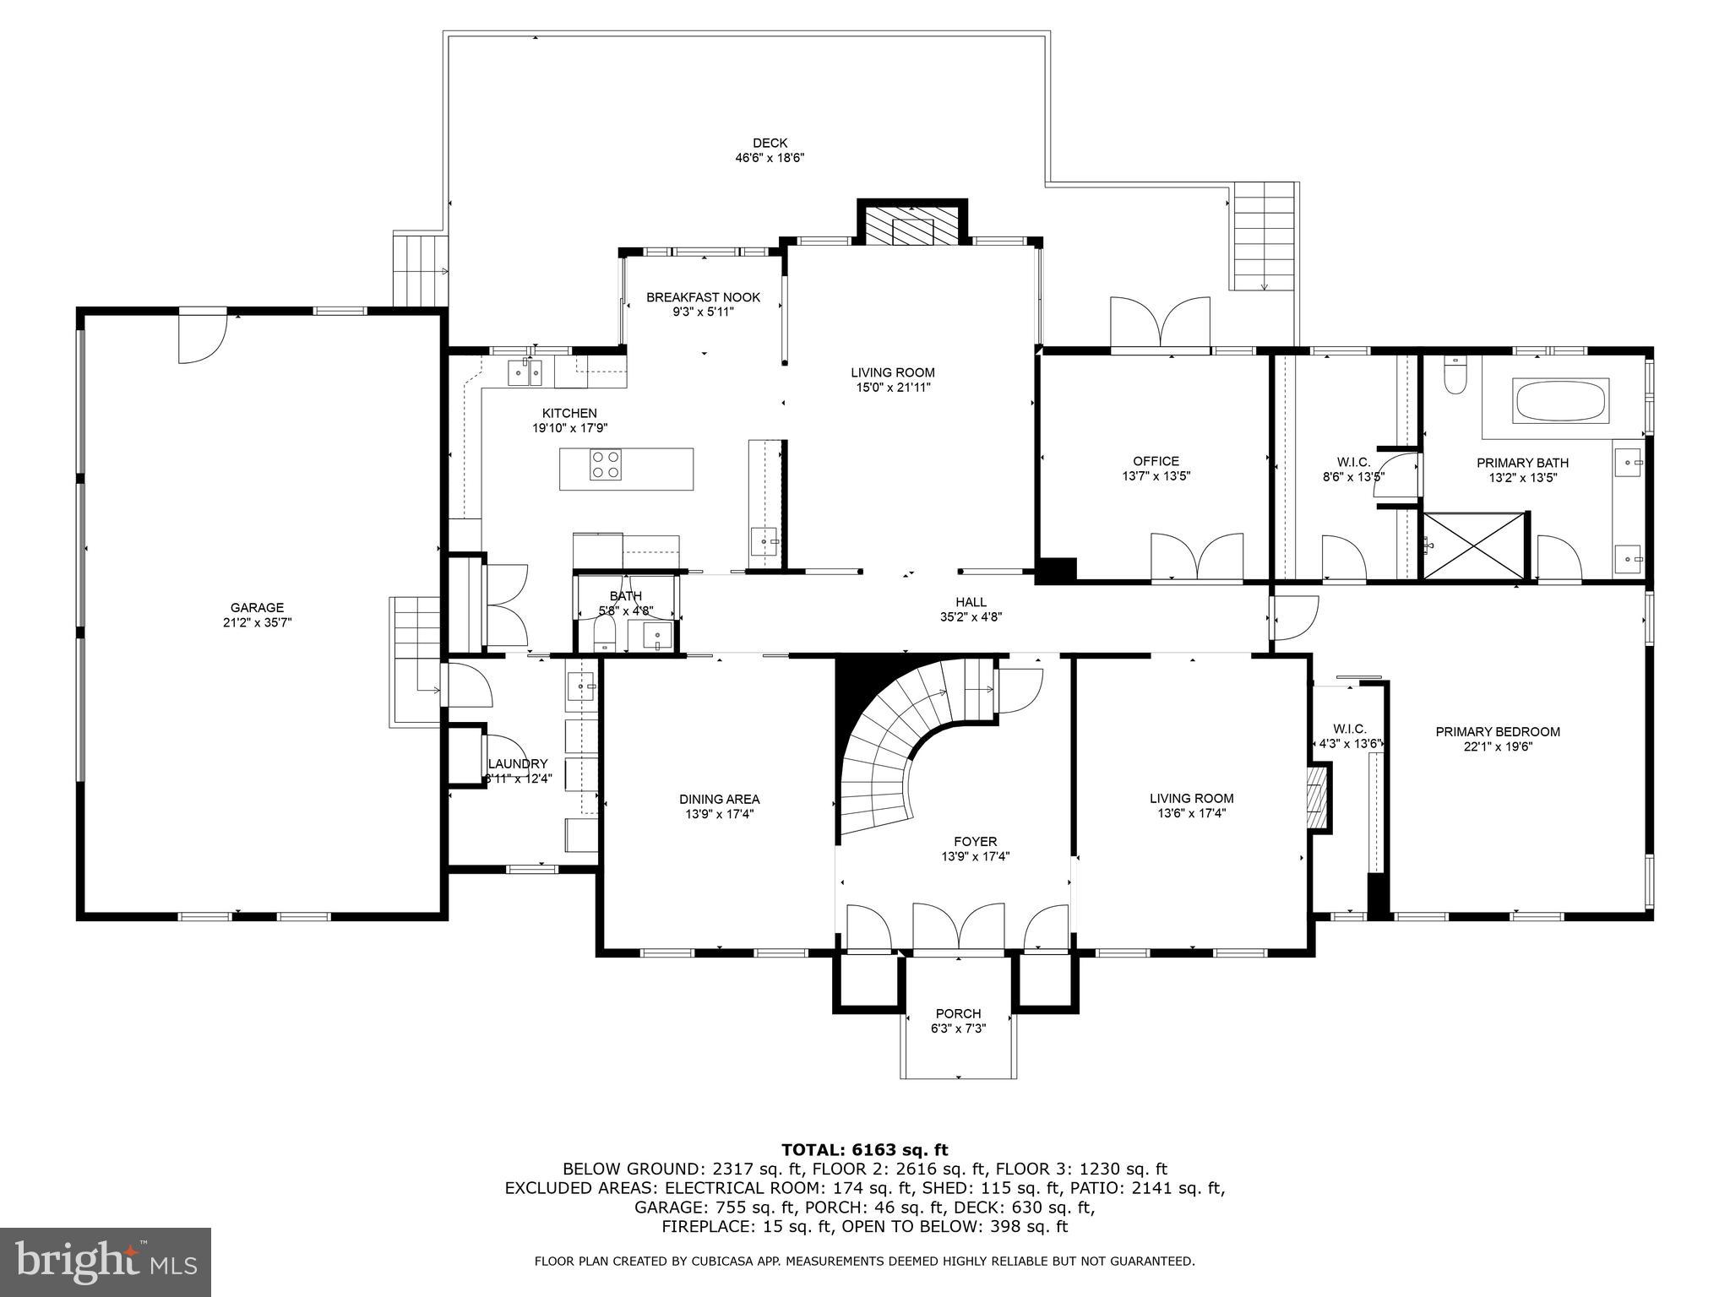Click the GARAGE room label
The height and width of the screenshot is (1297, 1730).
257,607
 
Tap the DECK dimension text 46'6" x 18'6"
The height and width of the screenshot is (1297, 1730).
770,157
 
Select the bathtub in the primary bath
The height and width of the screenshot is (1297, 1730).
1561,402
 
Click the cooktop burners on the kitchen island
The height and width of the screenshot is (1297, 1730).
606,465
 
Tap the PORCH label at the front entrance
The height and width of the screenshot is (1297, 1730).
958,1013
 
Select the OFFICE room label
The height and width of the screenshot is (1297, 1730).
1156,461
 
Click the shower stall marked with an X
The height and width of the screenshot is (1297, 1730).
1475,545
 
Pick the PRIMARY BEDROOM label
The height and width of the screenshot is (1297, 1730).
1498,731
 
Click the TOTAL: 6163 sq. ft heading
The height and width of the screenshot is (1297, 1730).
864,1149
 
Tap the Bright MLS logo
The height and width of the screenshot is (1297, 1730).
106,1262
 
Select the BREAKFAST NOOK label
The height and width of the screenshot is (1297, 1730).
703,297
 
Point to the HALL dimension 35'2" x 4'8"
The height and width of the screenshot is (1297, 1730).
971,616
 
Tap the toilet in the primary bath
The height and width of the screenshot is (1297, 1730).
1455,376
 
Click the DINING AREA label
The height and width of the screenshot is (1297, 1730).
719,799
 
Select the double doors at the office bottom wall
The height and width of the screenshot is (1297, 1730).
1197,557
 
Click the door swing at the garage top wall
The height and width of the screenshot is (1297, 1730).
202,338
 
